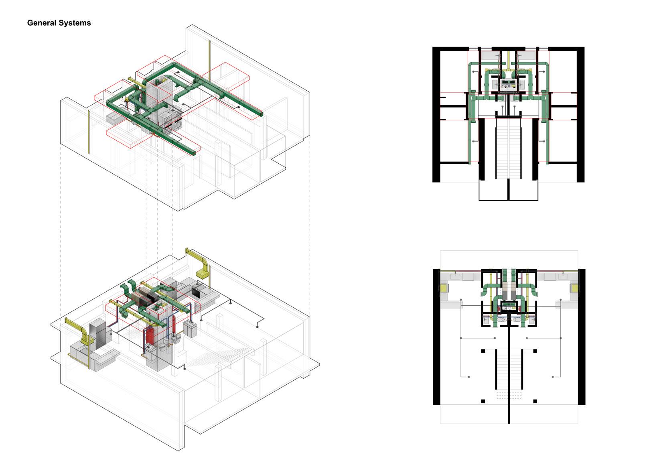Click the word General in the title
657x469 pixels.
click(x=41, y=23)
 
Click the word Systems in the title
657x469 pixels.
click(x=75, y=23)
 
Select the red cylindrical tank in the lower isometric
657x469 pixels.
click(x=150, y=335)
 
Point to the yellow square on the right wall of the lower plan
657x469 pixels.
click(x=575, y=288)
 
